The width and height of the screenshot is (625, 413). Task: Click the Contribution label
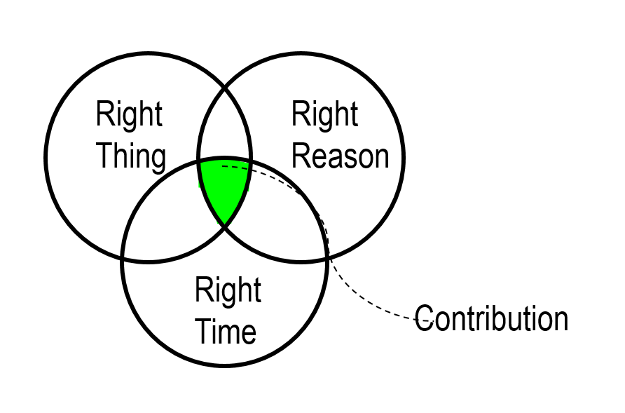[491, 319]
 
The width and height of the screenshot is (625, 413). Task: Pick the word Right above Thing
[130, 114]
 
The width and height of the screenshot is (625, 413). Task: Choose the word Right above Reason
[324, 114]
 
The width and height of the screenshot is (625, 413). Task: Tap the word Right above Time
[228, 290]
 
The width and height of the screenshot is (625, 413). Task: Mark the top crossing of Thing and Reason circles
[225, 88]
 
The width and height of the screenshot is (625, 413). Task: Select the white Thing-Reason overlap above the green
[224, 126]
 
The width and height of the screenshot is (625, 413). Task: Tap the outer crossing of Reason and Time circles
[327, 259]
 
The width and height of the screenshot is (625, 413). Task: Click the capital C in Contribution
[423, 320]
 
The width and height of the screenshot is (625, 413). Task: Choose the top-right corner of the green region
[249, 163]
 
